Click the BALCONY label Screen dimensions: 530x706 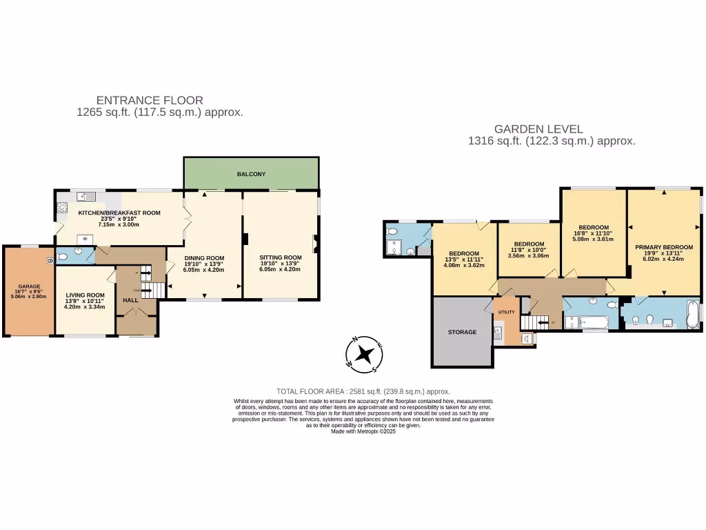(x=251, y=174)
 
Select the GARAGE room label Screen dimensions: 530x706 (x=29, y=286)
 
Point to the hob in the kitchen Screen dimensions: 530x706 (x=60, y=206)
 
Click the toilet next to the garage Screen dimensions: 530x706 (x=63, y=256)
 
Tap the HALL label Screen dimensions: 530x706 (x=130, y=300)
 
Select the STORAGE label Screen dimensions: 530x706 (x=462, y=332)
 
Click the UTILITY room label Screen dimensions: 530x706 (x=505, y=313)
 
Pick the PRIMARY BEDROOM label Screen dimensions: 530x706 (x=663, y=247)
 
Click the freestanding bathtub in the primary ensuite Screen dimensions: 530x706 (x=692, y=315)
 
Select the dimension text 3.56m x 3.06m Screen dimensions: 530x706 (x=529, y=255)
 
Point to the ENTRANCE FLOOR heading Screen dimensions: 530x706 (x=150, y=100)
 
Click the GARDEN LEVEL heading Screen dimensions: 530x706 (x=538, y=128)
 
